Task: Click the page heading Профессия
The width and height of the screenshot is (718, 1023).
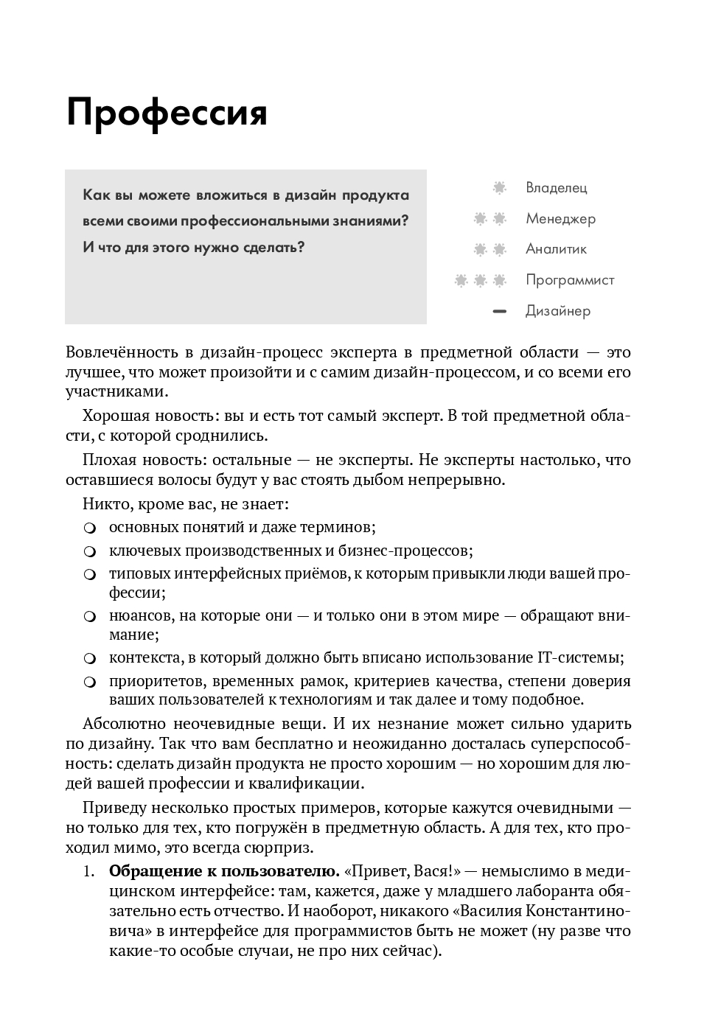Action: (167, 114)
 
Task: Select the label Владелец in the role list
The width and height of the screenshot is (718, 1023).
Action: (556, 188)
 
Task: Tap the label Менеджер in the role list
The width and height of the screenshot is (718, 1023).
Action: (560, 219)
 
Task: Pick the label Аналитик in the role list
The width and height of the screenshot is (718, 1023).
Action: (556, 249)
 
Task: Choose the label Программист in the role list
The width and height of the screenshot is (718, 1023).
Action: (570, 280)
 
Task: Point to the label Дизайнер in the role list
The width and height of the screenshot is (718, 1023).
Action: (558, 311)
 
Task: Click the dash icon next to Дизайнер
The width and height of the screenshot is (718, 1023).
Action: (499, 312)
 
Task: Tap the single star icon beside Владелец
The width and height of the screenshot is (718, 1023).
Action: (499, 188)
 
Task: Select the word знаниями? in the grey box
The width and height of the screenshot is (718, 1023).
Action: (369, 221)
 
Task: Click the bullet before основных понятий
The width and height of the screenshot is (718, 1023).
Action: (90, 528)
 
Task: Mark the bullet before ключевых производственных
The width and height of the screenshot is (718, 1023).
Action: (90, 551)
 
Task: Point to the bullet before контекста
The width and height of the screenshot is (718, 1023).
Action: (90, 658)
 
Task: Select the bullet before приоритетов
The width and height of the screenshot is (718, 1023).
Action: (90, 682)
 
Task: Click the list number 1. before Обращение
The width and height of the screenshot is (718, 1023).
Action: (89, 872)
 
